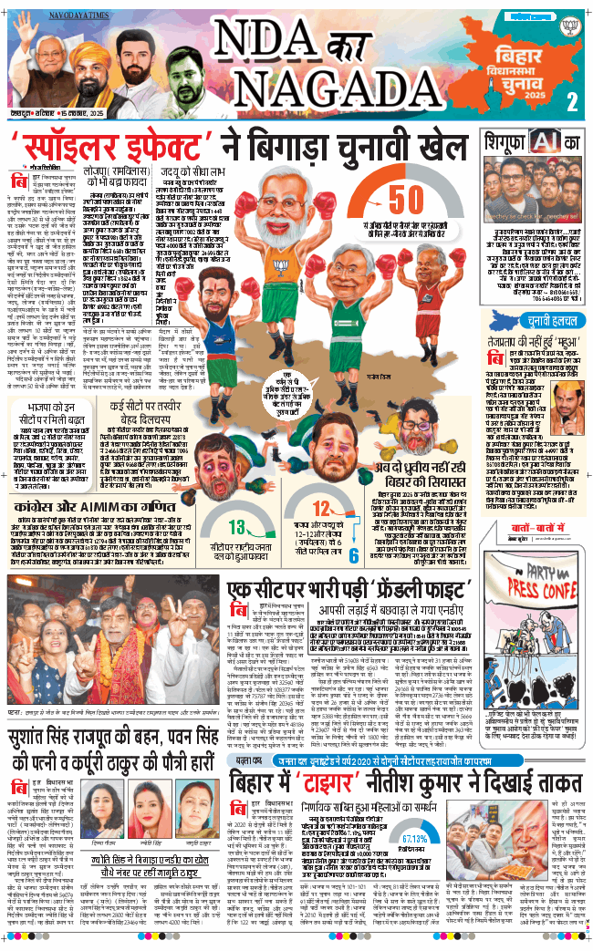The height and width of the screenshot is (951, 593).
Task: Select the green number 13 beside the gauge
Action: pos(236,526)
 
